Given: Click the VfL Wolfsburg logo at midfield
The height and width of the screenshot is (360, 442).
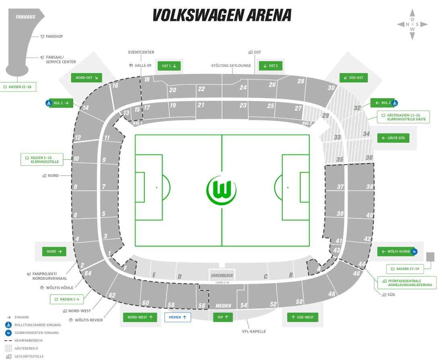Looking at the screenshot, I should (221, 189).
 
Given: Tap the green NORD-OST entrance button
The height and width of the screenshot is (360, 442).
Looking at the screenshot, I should (86, 78).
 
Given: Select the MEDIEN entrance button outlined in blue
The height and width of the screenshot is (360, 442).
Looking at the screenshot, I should (177, 317).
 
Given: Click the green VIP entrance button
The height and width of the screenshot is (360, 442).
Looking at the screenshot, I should (223, 317).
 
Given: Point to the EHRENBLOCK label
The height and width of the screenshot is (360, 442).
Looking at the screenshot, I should (222, 276).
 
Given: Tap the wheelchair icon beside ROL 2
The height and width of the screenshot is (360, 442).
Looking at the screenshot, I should (395, 103).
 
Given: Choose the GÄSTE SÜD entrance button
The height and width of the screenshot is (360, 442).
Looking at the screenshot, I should (393, 138).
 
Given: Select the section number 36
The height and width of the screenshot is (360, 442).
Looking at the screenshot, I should (369, 158).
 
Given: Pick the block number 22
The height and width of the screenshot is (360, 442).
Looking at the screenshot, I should (201, 89).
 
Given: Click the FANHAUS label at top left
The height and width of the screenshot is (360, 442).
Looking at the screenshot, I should (25, 17).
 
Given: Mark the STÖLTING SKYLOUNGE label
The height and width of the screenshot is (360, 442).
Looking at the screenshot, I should (231, 66).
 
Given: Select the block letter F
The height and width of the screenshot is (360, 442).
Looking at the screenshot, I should (125, 268).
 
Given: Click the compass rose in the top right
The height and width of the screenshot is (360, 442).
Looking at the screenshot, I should (412, 24).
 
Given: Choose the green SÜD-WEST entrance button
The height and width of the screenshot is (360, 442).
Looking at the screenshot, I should (302, 317).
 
